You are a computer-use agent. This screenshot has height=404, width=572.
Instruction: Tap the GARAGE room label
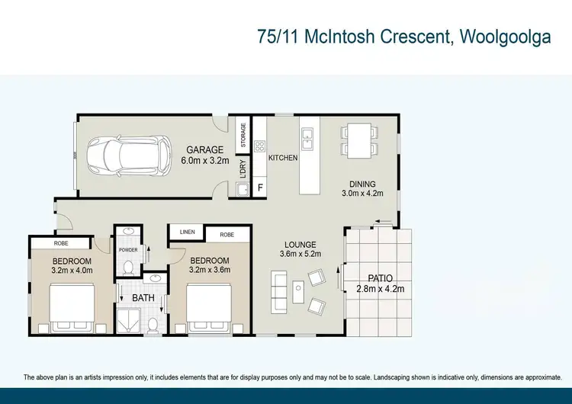(x=205, y=150)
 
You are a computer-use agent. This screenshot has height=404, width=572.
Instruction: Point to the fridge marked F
(x=259, y=187)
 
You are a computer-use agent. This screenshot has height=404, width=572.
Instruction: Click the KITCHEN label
(x=282, y=158)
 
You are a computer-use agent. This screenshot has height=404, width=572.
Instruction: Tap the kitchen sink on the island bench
(x=307, y=138)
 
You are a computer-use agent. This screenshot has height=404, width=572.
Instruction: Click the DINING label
(x=362, y=183)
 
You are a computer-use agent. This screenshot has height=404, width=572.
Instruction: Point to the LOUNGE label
(x=296, y=245)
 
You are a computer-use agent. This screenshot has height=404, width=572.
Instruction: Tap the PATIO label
(x=380, y=278)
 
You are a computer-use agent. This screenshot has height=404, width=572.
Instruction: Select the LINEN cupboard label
(x=187, y=232)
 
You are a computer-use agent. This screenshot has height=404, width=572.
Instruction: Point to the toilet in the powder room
(x=129, y=267)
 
